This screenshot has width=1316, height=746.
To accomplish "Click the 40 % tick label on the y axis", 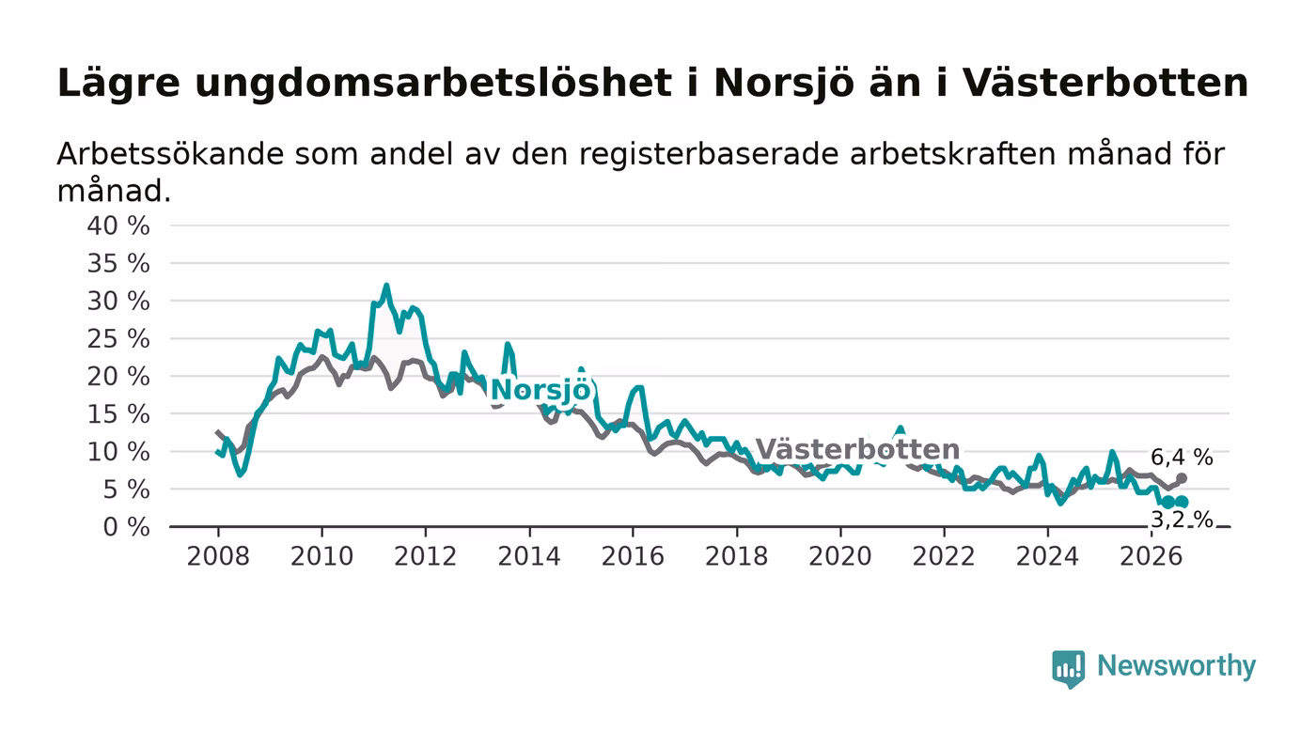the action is tap(118, 225).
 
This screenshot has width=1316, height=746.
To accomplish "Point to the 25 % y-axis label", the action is tap(118, 339).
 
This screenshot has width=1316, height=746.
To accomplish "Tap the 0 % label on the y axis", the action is tap(126, 527).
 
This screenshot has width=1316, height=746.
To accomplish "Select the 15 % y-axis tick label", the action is tap(118, 414).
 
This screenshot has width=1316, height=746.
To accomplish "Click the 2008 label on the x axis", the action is tap(218, 556).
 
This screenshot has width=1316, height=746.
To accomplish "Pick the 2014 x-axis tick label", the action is tap(528, 556).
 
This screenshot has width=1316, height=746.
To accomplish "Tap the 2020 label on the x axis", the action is tap(840, 556).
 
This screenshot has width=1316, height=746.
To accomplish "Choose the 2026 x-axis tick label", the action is tap(1151, 556).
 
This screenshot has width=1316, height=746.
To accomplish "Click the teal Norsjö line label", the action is tap(540, 391).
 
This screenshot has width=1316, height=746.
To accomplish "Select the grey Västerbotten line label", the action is tap(857, 450).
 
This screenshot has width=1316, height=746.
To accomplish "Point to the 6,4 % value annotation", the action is tap(1182, 457).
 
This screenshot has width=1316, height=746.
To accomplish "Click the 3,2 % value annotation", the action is tap(1182, 520).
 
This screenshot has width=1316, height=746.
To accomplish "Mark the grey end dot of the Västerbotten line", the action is tap(1182, 478).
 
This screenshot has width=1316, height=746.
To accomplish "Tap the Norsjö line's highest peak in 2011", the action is tap(386, 286).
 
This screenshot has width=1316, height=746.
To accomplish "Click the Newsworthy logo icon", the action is tap(1068, 668).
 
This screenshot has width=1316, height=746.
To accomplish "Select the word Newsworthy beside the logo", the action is tap(1176, 666).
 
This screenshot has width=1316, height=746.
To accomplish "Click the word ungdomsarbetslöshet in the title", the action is tap(433, 84).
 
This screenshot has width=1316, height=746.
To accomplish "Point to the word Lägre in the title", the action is tap(118, 84).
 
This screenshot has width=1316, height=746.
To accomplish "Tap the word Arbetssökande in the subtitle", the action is tap(170, 154).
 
